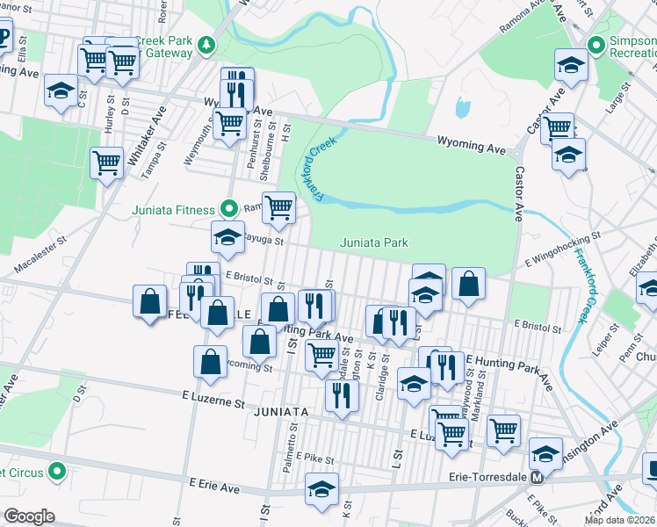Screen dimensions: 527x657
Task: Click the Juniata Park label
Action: (x=373, y=242)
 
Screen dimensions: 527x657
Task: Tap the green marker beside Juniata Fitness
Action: (x=229, y=209)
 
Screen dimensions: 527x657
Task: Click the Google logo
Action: (x=29, y=516)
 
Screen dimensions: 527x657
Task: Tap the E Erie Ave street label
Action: (x=214, y=485)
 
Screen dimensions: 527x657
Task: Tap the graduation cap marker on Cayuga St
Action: (x=227, y=237)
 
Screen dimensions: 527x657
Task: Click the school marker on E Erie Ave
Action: (x=321, y=488)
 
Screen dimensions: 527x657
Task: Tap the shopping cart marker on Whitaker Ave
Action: (x=106, y=162)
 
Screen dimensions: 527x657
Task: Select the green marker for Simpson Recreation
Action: (x=596, y=44)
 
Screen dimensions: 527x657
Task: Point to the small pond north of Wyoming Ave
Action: (x=461, y=109)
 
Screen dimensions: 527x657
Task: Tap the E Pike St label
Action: (x=311, y=458)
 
